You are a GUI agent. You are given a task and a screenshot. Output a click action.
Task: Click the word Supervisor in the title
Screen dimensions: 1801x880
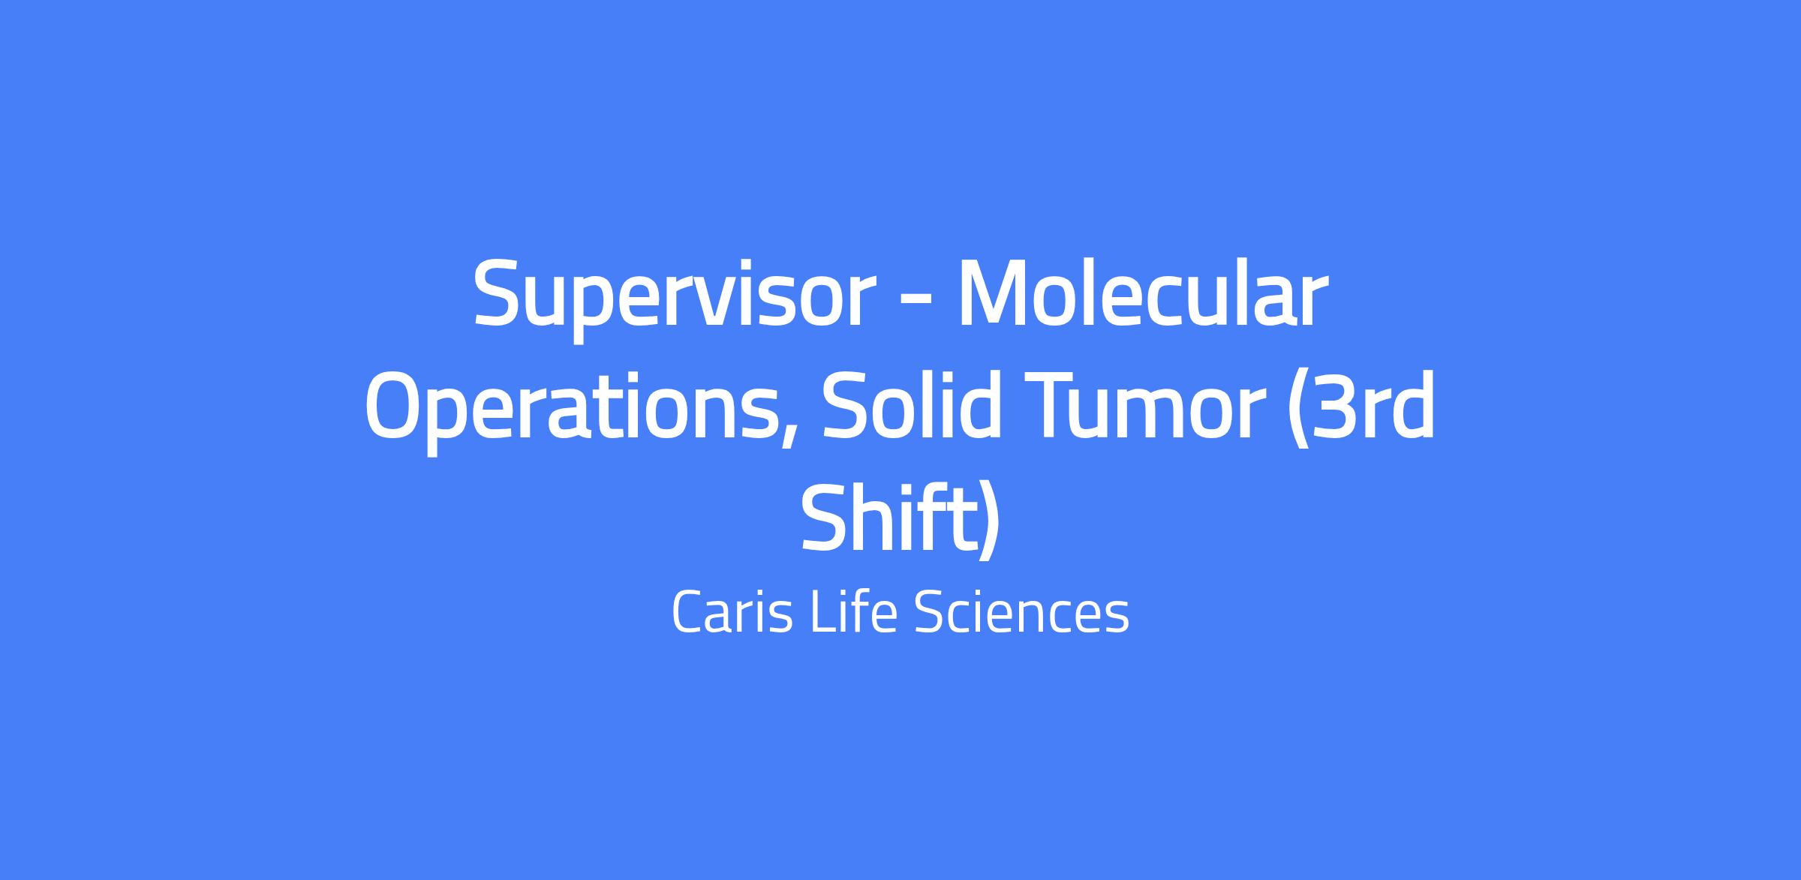click(x=675, y=299)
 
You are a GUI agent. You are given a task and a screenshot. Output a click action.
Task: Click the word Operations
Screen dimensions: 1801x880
click(x=570, y=411)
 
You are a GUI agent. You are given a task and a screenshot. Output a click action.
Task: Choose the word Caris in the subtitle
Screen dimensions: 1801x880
click(x=732, y=612)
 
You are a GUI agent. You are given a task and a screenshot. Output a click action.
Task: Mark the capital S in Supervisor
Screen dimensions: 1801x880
click(x=500, y=293)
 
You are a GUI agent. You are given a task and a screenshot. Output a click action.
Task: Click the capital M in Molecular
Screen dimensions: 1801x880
click(x=997, y=293)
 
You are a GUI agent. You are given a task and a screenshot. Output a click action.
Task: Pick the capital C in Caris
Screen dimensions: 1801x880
click(x=688, y=612)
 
